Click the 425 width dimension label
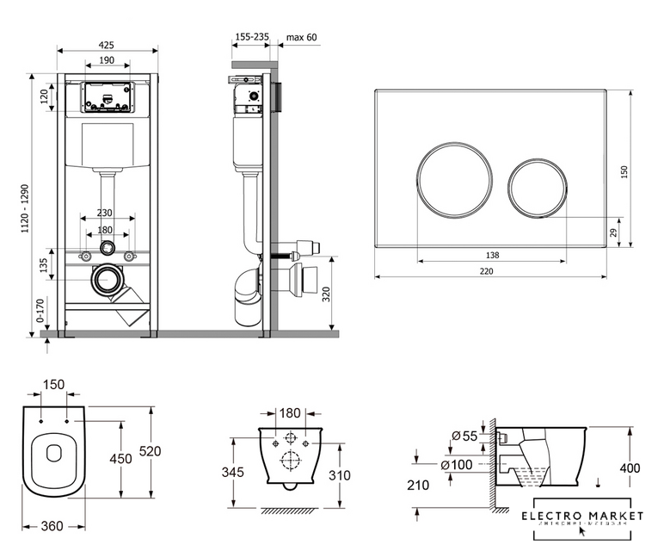[x=108, y=45]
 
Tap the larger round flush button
[x=455, y=174]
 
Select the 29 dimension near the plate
[x=613, y=232]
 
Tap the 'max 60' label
[x=301, y=38]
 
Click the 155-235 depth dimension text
[x=251, y=38]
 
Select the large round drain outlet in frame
[x=108, y=280]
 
